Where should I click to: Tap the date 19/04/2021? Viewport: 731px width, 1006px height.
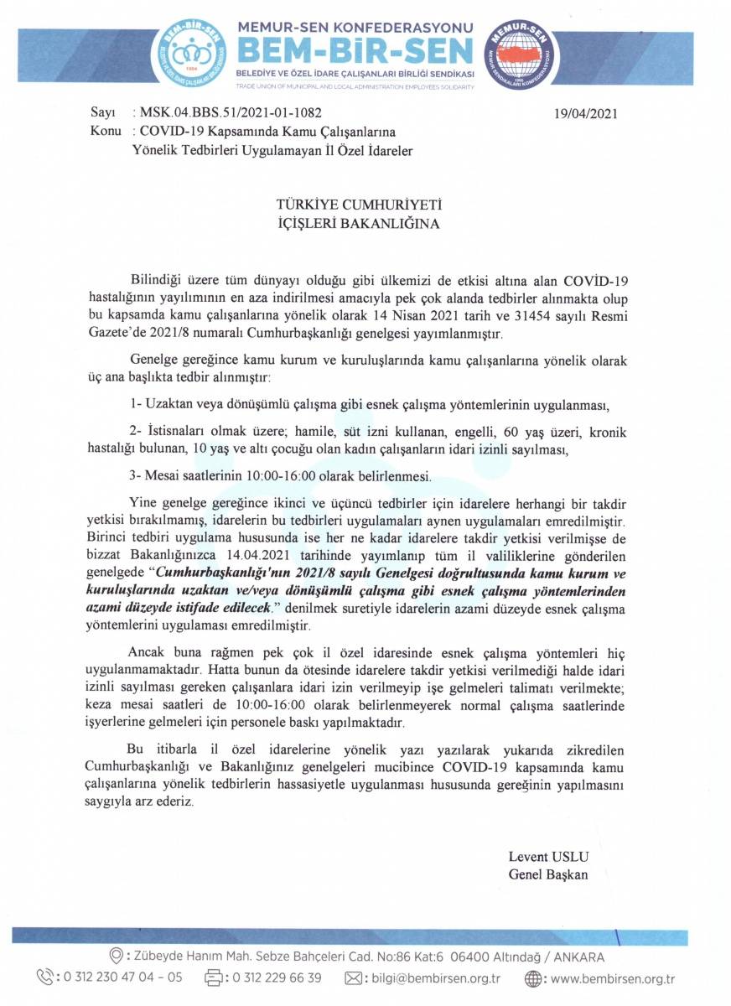pos(585,114)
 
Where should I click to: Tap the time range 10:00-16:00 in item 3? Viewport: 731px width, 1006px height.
pos(285,477)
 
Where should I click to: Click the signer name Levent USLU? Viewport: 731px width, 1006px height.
pos(548,857)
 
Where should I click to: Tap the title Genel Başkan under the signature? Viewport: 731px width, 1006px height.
pos(548,874)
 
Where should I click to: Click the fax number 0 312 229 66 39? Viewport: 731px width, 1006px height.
pos(277,977)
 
